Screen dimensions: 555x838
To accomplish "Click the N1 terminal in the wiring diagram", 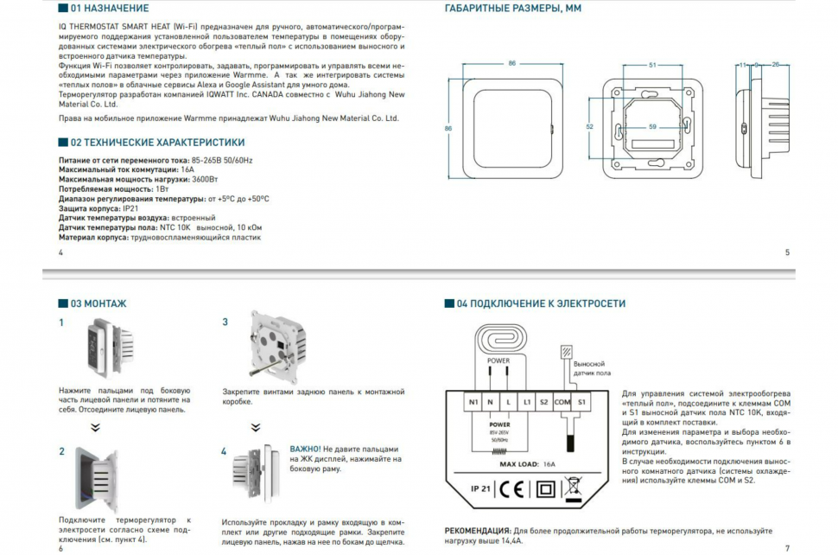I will pos(473,402).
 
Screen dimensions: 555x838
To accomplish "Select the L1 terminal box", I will pos(527,402).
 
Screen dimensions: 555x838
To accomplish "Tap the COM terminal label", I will pos(562,402).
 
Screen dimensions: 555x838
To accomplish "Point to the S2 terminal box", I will pos(543,402).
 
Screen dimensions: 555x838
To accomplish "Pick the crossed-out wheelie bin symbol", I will pos(571,489).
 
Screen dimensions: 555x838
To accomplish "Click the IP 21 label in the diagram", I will pos(480,488).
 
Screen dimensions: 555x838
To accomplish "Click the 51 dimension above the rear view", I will pos(652,65).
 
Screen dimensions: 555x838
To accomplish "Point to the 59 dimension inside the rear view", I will pos(653,126).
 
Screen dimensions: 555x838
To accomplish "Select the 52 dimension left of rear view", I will pos(589,127).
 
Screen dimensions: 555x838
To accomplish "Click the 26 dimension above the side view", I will pos(775,65).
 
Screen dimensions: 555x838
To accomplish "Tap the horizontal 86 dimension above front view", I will pos(511,64).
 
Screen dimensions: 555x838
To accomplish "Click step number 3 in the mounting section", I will pos(225,322).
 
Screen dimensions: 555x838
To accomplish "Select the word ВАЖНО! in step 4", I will pos(305,450).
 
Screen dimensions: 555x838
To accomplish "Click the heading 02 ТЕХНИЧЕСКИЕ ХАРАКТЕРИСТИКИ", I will pos(157,142).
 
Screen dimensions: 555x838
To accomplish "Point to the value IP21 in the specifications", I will pos(130,208).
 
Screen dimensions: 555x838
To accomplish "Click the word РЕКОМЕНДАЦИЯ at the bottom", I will pos(477,530).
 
